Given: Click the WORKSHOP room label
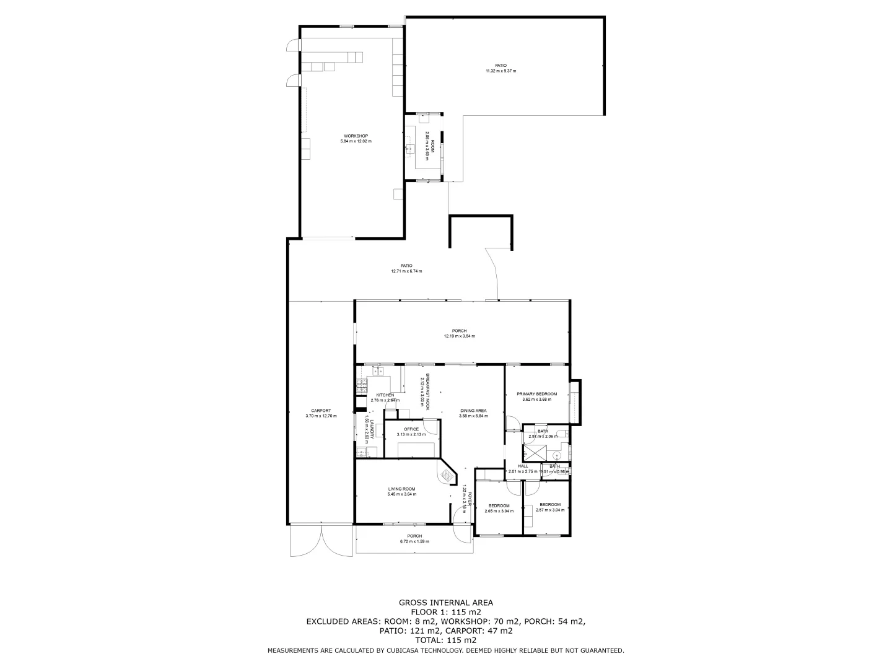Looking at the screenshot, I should pyautogui.click(x=356, y=136).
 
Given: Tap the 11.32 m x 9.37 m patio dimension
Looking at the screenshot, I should pyautogui.click(x=501, y=71).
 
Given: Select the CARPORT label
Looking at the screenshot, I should pyautogui.click(x=321, y=411).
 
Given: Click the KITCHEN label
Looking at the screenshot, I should pyautogui.click(x=385, y=395).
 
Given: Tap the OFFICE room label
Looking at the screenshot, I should pyautogui.click(x=411, y=429).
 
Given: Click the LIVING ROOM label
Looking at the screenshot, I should pyautogui.click(x=401, y=489).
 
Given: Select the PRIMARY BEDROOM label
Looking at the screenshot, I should pyautogui.click(x=536, y=394).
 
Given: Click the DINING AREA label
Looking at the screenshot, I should pyautogui.click(x=473, y=411).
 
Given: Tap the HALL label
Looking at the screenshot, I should pyautogui.click(x=523, y=466).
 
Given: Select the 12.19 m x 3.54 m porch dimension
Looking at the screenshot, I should pyautogui.click(x=459, y=336).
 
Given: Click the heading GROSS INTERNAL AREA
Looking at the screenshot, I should pyautogui.click(x=445, y=602).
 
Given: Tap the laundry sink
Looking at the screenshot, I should pyautogui.click(x=362, y=452).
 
